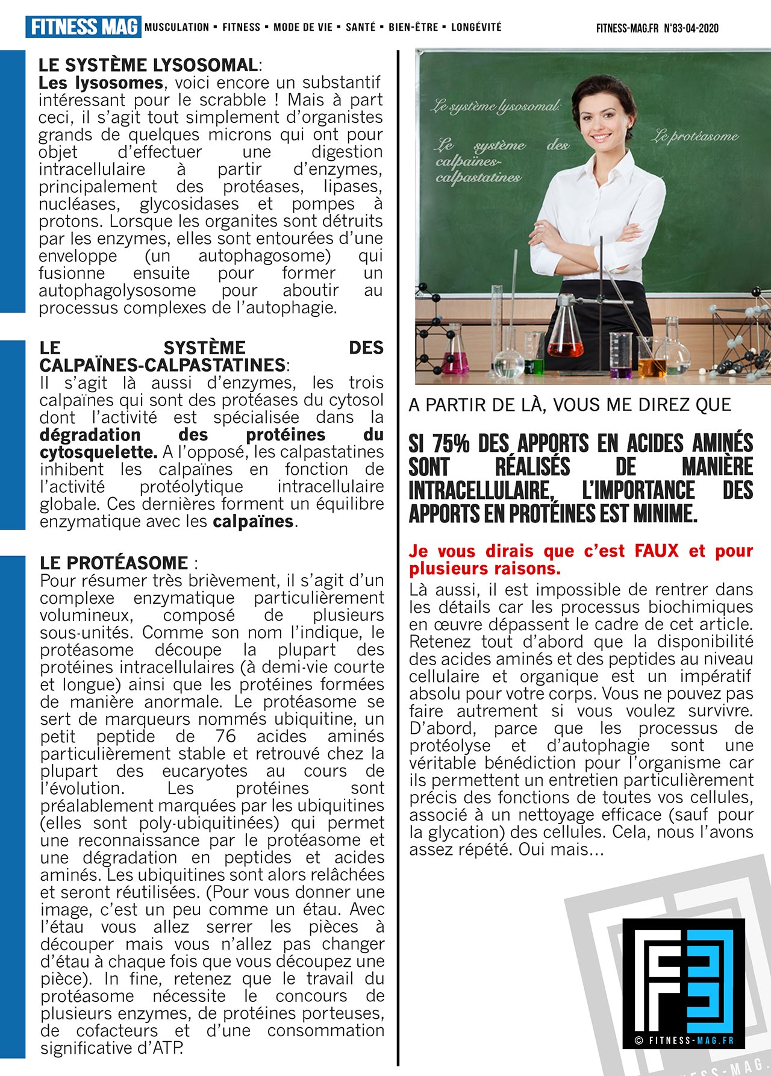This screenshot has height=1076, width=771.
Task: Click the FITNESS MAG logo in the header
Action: tap(83, 27)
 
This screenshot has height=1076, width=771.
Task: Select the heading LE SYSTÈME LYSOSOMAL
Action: tap(148, 65)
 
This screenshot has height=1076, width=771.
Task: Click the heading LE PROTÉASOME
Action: tap(114, 563)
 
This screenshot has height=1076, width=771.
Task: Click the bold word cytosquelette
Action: tap(98, 452)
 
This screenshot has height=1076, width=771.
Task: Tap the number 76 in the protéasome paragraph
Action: tap(225, 736)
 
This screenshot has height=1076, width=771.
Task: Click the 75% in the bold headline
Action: tap(451, 444)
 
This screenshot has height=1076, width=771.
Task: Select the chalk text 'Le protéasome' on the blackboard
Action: tap(694, 136)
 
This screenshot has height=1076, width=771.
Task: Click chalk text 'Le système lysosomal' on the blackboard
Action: tap(495, 107)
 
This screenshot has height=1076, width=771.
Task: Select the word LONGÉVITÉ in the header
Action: tap(476, 27)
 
